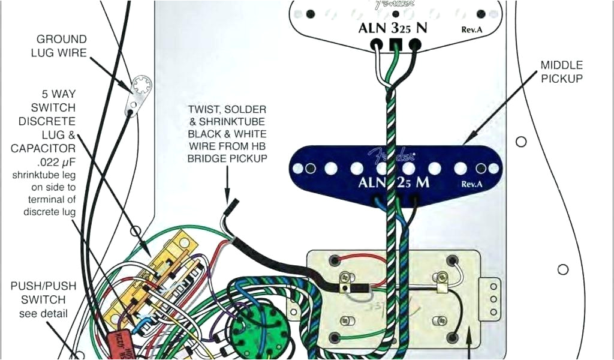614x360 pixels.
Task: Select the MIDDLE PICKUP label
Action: tap(561, 71)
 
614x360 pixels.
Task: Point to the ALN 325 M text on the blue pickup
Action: tap(394, 182)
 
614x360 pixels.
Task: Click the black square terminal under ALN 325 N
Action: tap(395, 44)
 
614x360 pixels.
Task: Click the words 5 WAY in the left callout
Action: tap(59, 95)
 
